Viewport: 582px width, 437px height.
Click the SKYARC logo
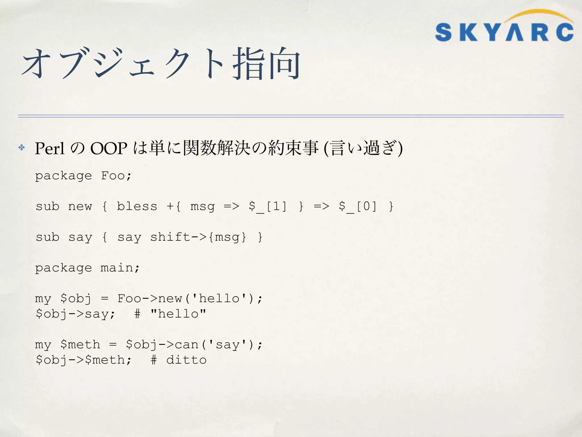pos(504,32)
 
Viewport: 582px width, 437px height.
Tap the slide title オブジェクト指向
pos(161,63)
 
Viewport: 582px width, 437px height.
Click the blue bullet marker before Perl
pos(22,147)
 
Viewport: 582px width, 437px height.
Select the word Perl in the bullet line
pos(49,148)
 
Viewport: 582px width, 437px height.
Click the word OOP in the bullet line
pos(109,148)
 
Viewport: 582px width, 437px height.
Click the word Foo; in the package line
pos(116,176)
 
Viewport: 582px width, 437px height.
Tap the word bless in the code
pos(137,206)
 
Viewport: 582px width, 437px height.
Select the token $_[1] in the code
pos(268,206)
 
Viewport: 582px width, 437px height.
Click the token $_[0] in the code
pos(358,206)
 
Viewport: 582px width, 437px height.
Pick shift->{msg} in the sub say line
pos(198,237)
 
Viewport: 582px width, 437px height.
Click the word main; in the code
pos(120,268)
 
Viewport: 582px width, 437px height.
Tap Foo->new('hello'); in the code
pos(190,298)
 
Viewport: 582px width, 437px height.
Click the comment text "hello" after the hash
pos(178,314)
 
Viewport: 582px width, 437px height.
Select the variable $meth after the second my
pos(80,345)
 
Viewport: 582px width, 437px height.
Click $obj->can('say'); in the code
pos(194,345)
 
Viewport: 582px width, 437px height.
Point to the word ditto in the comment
pos(186,360)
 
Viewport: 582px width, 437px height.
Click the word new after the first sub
pos(80,206)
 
